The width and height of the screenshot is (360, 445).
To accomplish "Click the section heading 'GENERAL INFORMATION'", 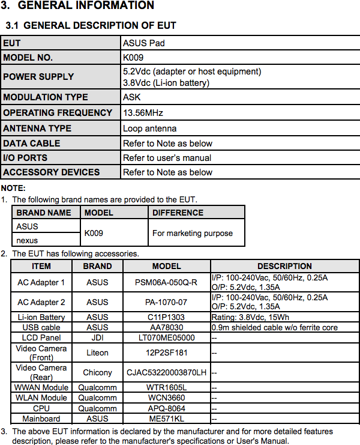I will [x=85, y=6].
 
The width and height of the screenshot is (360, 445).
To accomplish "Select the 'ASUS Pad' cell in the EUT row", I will [x=143, y=43].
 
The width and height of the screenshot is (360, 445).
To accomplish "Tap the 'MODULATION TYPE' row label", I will [x=46, y=97].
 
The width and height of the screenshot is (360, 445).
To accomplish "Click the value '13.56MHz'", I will [x=143, y=113].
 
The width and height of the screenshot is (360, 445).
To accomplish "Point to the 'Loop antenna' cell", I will [x=149, y=129].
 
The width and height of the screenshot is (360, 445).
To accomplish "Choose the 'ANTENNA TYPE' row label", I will [x=37, y=129].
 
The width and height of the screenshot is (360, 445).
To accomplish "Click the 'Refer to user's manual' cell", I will [x=167, y=158].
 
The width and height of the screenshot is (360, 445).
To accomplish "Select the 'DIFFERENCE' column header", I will [x=178, y=213].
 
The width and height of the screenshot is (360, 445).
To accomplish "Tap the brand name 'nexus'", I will [x=27, y=240].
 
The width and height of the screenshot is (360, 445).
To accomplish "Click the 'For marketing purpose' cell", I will [x=193, y=233].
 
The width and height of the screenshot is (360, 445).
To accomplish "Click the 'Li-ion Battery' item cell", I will [x=41, y=317].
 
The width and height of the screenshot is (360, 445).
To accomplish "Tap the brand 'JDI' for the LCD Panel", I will [x=97, y=338].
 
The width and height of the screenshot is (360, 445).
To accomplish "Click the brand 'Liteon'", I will [x=97, y=353].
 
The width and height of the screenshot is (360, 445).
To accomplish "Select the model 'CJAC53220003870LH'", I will [x=166, y=372].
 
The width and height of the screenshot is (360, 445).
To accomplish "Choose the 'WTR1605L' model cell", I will [x=166, y=387].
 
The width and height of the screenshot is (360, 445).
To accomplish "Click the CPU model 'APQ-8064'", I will [x=166, y=408].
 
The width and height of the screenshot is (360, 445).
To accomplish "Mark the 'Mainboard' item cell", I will [x=41, y=419].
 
